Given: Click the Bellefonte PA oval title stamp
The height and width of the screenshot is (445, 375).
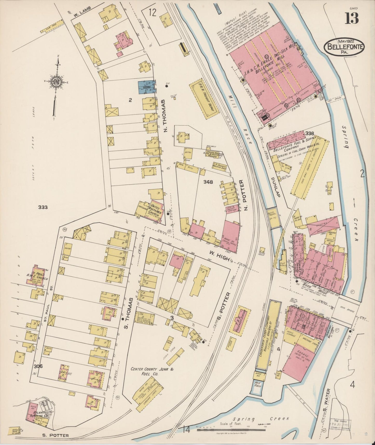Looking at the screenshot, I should click(344, 46).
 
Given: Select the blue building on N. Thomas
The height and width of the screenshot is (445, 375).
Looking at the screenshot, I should click(146, 87).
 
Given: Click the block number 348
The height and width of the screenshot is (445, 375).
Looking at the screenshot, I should click(208, 182).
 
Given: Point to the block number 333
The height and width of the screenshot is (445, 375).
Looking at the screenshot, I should click(43, 207).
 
